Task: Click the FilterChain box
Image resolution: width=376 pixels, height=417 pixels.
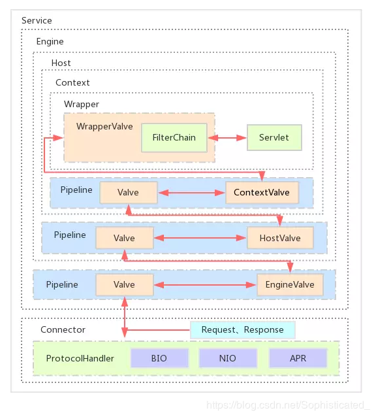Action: tap(174, 137)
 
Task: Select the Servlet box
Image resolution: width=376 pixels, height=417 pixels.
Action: tap(274, 137)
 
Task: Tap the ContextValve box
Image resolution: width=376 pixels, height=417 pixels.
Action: tap(262, 193)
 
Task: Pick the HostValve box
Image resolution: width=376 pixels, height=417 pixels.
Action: tap(280, 238)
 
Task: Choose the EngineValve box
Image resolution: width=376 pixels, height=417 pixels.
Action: tap(290, 285)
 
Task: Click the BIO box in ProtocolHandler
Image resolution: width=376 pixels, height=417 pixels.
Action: tap(159, 358)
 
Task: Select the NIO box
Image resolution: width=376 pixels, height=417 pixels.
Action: tap(228, 358)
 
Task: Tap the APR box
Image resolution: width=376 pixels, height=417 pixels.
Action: tap(298, 358)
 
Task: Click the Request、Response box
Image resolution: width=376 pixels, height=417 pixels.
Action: tap(243, 330)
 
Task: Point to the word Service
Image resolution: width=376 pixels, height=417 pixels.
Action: tap(37, 20)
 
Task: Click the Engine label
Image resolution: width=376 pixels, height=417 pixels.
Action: tap(50, 41)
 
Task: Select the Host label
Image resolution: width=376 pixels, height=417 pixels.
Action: tap(61, 63)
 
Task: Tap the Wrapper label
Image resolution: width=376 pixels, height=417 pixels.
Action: tap(81, 105)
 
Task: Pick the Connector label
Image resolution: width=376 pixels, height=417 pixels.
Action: tap(63, 330)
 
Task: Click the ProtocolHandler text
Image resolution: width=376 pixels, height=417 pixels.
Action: tap(80, 358)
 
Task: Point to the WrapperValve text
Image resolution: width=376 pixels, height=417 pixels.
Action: tap(104, 126)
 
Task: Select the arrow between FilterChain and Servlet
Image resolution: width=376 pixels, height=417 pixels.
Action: tap(227, 137)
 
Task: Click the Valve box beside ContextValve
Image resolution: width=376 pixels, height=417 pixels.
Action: tap(129, 193)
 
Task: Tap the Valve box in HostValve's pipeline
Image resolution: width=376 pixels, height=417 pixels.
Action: tap(125, 238)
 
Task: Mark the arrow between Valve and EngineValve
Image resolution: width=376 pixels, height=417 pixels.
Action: tap(205, 285)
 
